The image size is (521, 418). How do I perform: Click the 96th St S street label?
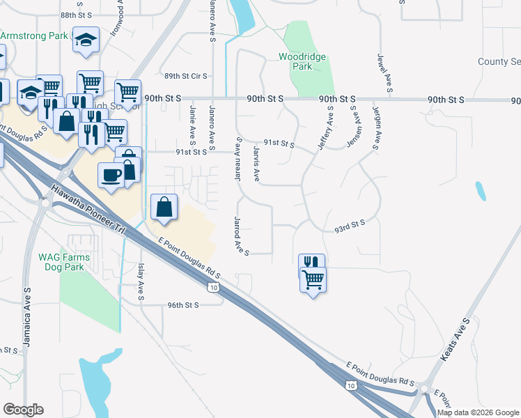pyautogui.click(x=183, y=304)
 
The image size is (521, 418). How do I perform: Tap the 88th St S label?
pyautogui.click(x=77, y=15)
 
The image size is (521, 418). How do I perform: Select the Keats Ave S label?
pyautogui.click(x=457, y=340)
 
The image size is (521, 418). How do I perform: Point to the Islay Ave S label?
pyautogui.click(x=141, y=283)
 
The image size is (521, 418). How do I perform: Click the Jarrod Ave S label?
pyautogui.click(x=240, y=235)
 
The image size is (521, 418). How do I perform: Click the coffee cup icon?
pyautogui.click(x=111, y=174)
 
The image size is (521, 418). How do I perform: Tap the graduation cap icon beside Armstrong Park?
pyautogui.click(x=87, y=40)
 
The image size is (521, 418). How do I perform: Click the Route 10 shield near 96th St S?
pyautogui.click(x=215, y=287)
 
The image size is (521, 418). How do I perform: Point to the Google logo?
pyautogui.click(x=23, y=409)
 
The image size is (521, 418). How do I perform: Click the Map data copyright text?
pyautogui.click(x=479, y=412)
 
